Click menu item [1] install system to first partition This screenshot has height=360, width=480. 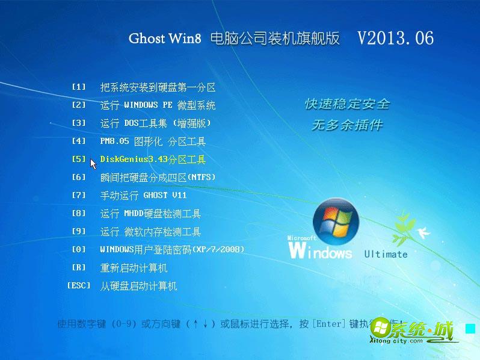pos(158,87)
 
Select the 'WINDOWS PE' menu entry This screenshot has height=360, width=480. pos(158,105)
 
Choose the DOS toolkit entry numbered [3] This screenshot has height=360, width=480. pos(155,123)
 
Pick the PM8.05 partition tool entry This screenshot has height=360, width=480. pos(153,141)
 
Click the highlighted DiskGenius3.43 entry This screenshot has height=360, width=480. pos(153,160)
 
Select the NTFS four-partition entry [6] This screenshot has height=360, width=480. pos(158,178)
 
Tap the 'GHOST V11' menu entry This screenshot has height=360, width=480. pos(143,196)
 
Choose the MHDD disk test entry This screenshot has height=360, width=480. pos(150,214)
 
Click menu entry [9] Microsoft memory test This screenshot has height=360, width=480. pos(150,232)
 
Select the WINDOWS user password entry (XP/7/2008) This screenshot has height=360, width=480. pos(172,250)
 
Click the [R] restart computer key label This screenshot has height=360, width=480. pos(79,268)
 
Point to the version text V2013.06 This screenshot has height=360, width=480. pos(395,38)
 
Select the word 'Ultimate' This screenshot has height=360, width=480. pos(386,254)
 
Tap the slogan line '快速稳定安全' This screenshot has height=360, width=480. pos(347,104)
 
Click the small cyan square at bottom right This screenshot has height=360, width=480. pos(470,329)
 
